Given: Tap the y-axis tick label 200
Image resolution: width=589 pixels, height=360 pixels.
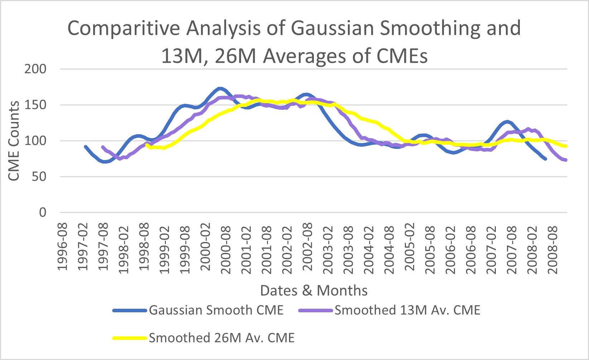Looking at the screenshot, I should click(35, 69).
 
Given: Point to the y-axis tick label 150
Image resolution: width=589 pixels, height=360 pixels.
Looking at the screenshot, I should click(35, 105).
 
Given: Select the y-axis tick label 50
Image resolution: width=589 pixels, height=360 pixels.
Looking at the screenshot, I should click(39, 177).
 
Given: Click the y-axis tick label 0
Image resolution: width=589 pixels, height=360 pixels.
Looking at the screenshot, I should click(43, 213).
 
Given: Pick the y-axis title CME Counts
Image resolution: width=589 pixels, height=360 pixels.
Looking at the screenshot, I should click(14, 141).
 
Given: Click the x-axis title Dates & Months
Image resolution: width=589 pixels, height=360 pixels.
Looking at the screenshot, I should click(314, 290).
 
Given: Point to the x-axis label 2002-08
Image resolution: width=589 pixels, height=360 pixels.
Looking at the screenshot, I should click(307, 248).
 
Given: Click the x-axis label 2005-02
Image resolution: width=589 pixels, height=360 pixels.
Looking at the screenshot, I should click(409, 248).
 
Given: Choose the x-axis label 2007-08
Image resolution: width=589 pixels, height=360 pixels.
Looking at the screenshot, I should click(511, 248).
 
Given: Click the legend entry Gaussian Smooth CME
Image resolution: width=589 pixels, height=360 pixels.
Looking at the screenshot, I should click(216, 310).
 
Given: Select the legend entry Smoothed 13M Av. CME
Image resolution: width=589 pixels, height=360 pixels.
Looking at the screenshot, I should click(407, 310).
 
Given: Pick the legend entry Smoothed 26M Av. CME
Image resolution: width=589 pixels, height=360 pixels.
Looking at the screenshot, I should click(221, 338).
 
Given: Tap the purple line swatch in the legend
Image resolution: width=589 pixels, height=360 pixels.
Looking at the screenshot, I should click(316, 310).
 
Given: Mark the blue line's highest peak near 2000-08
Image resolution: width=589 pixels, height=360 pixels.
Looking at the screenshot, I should click(220, 89).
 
